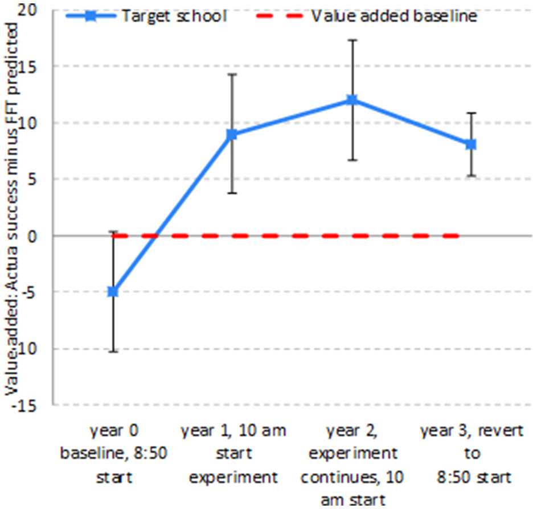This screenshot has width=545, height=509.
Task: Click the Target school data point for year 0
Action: click(113, 292)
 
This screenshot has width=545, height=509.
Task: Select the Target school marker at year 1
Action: click(232, 134)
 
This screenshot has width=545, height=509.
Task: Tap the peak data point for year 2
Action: click(352, 100)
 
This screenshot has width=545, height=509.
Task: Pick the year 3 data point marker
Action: click(471, 144)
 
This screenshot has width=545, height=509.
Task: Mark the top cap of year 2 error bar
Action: click(352, 40)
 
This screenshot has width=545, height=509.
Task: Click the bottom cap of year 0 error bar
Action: click(113, 351)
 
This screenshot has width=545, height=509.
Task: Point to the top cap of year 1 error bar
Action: click(232, 75)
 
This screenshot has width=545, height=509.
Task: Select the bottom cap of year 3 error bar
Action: click(471, 176)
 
